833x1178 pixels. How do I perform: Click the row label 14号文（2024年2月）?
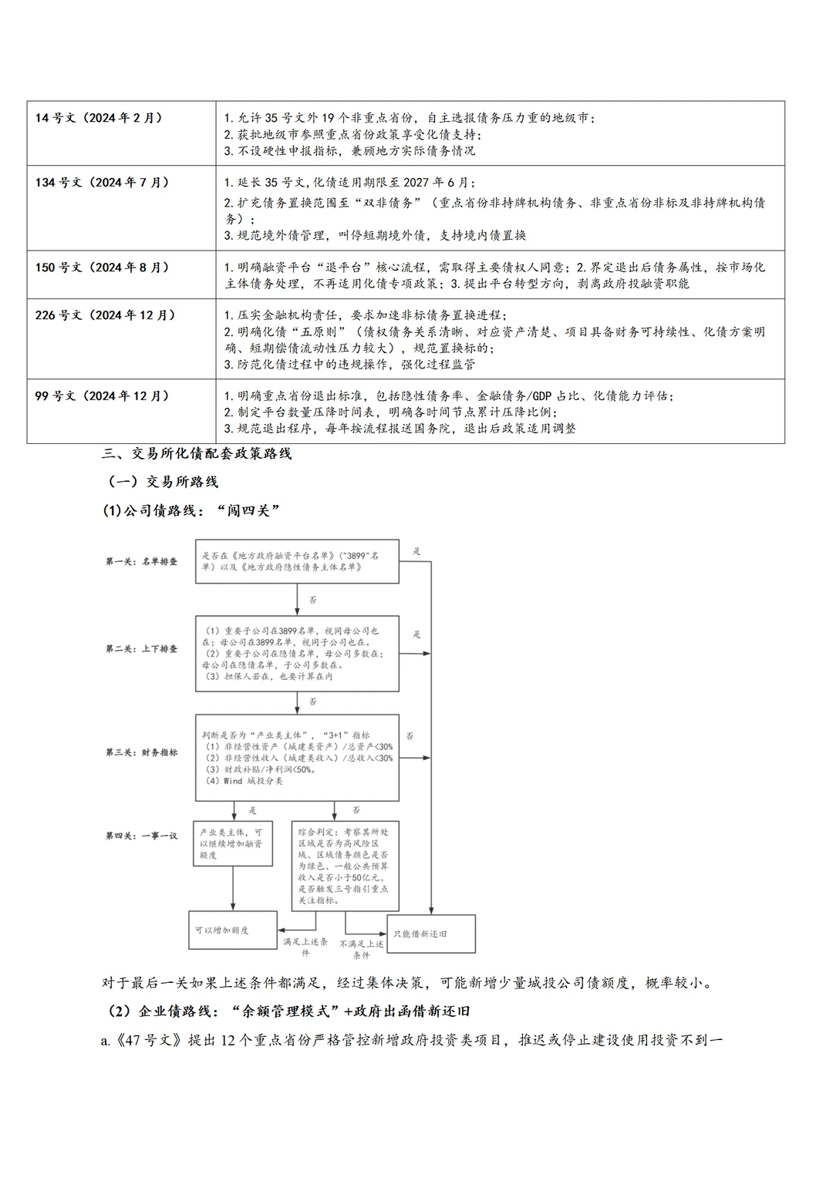click(99, 118)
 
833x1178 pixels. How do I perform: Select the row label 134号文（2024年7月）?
click(102, 183)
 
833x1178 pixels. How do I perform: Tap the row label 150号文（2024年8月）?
click(102, 268)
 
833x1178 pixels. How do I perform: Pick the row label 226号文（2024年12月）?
click(105, 315)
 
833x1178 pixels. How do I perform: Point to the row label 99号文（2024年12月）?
click(102, 396)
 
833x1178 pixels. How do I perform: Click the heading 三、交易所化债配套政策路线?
click(197, 453)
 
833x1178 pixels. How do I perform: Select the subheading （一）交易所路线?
click(164, 482)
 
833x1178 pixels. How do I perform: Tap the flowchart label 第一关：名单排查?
click(141, 561)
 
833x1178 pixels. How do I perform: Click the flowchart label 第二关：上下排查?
click(141, 649)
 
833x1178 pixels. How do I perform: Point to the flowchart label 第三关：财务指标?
click(141, 752)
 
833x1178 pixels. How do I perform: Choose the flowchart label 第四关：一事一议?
click(141, 836)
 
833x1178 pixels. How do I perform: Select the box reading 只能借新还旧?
click(430, 934)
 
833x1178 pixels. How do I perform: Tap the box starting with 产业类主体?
click(232, 843)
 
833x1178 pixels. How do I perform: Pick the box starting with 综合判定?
click(345, 866)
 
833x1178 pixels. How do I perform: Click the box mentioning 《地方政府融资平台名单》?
click(297, 560)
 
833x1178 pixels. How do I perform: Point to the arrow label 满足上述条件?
click(305, 947)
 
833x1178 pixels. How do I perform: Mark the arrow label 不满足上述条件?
click(361, 949)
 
